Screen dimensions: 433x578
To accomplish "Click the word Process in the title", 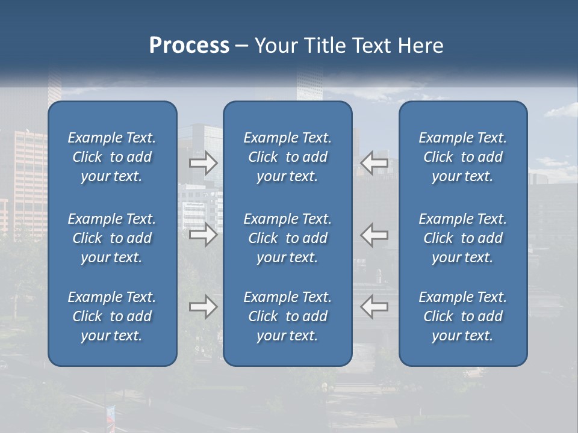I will click(189, 46).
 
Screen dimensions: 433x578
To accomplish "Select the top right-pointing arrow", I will click(204, 163).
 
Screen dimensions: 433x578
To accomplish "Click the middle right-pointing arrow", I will click(204, 235).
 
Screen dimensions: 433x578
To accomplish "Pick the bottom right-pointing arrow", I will click(204, 307).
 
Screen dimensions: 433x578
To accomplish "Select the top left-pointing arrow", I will click(374, 163).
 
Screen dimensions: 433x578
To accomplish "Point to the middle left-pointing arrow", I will click(374, 235).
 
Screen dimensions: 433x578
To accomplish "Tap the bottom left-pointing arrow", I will click(374, 307).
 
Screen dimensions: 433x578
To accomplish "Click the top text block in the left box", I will click(112, 157).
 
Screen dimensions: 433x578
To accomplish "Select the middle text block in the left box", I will click(112, 238).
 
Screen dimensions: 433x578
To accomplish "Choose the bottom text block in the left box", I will click(112, 316).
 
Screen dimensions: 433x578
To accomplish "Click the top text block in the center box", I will click(287, 157).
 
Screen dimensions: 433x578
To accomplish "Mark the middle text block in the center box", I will click(287, 238).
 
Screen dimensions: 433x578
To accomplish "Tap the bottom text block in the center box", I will click(287, 316).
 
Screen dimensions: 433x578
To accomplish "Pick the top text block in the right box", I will click(462, 157).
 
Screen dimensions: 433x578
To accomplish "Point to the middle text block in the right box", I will click(462, 238).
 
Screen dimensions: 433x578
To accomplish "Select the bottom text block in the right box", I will click(462, 316).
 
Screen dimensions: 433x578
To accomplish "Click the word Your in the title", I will click(275, 46).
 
